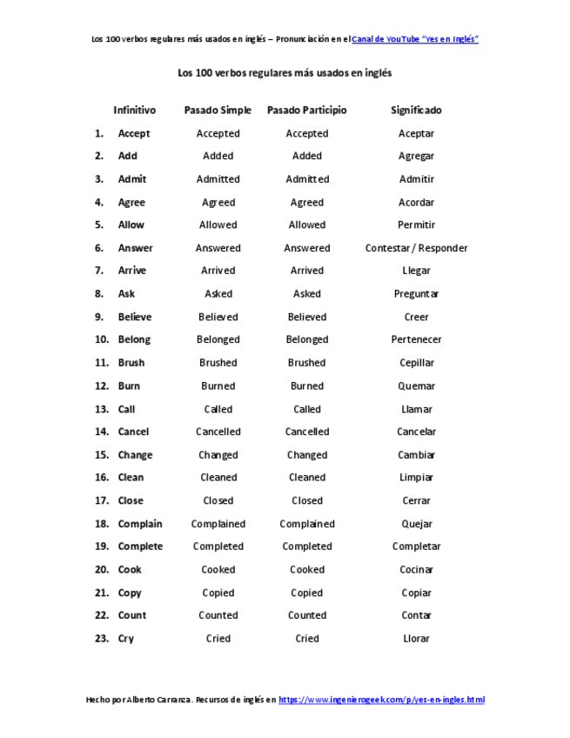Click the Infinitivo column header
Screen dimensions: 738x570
134,111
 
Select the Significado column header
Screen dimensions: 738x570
416,111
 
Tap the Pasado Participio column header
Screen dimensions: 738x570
306,111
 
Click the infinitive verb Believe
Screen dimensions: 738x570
135,317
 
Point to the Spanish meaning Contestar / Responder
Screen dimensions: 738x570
416,248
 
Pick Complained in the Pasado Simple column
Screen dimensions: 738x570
218,524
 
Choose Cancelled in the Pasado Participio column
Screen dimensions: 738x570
307,432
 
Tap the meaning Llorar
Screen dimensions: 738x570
416,638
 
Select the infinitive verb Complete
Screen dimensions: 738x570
140,547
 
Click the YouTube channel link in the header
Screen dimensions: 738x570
415,39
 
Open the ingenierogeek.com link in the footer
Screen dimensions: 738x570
381,700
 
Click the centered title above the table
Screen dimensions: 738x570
285,73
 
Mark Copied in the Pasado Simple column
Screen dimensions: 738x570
218,593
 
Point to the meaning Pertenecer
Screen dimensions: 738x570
416,339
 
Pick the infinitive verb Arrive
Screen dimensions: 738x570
132,271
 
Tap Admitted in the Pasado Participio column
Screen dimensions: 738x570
307,179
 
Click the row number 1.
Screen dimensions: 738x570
99,133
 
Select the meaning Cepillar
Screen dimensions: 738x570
416,363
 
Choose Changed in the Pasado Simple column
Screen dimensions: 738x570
218,455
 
